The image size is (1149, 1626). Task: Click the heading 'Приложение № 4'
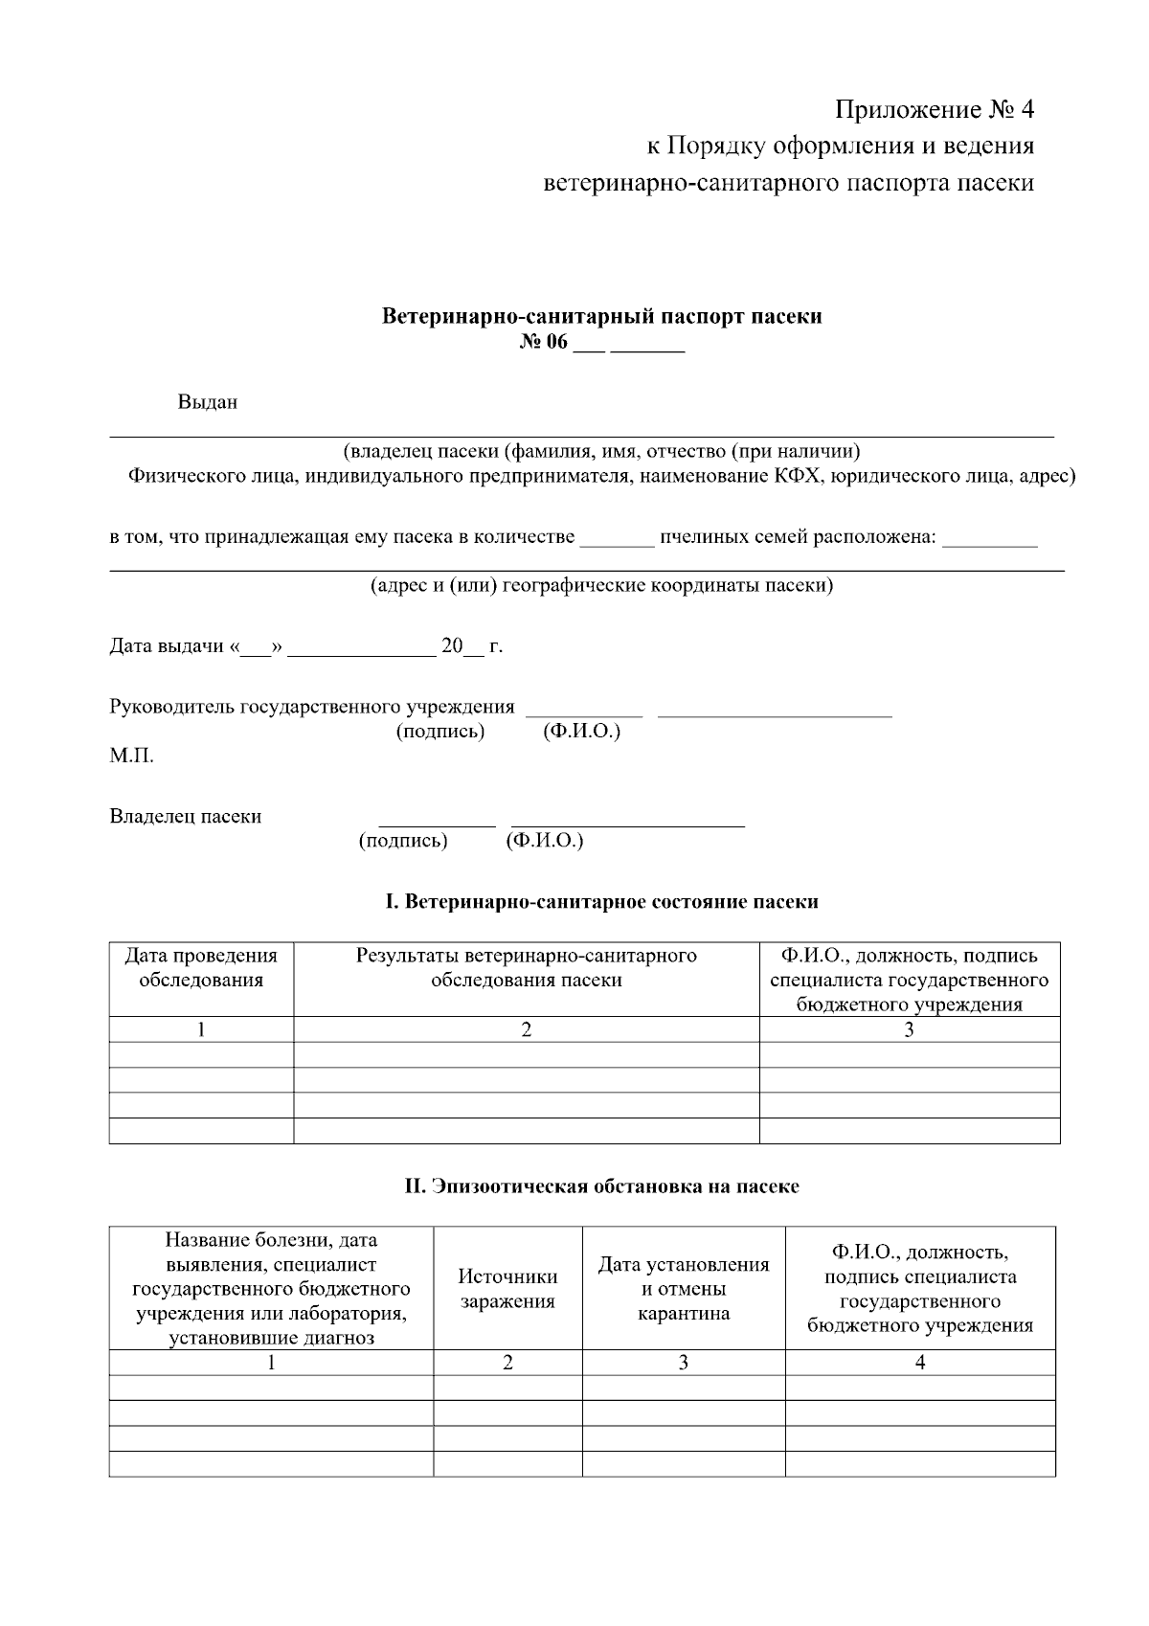coord(935,110)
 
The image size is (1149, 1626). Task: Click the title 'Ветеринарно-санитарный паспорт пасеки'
coord(601,316)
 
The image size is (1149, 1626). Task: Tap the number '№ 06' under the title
coord(544,343)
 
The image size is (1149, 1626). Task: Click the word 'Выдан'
coord(207,403)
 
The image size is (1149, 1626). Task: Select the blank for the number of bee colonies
coord(617,539)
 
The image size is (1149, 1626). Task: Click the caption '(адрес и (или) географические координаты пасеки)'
coord(601,586)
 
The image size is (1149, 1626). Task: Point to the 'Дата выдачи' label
coord(168,646)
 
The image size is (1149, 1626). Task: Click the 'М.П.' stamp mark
coord(131,757)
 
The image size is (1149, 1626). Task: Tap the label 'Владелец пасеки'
coord(186,817)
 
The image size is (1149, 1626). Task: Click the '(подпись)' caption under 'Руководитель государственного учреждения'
coord(440,732)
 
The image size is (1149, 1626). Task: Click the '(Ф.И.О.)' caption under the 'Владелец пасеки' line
coord(544,841)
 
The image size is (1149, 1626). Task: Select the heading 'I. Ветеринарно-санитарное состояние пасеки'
coord(601,902)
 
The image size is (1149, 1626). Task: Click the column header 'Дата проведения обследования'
coord(201,968)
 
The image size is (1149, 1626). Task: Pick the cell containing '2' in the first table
coord(526,1029)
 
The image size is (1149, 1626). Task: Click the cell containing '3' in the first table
coord(909,1029)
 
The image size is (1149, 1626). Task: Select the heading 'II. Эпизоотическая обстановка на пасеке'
coord(601,1186)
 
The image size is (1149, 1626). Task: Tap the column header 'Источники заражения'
coord(507,1288)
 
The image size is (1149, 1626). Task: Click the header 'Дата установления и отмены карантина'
coord(684,1288)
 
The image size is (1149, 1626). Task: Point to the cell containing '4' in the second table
coord(920,1363)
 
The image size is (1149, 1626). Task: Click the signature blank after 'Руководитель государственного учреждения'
coord(584,710)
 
